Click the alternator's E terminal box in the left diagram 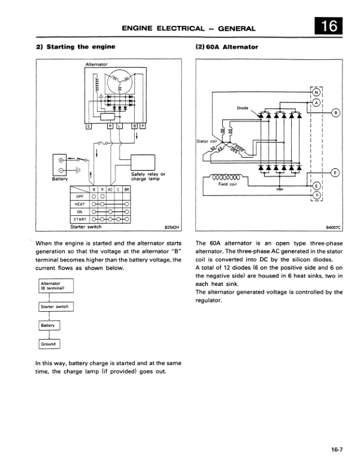point(89,126)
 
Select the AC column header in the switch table point(109,189)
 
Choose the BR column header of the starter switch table point(126,189)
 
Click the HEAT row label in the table point(81,204)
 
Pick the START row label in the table point(81,219)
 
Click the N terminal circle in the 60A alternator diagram point(316,92)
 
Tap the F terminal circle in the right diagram point(316,195)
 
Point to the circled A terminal point(316,102)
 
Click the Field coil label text point(227,184)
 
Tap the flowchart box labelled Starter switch point(55,307)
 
